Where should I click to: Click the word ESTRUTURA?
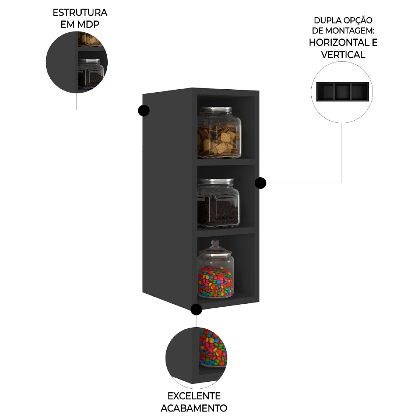coord(80,13)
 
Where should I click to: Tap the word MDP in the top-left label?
coord(89,25)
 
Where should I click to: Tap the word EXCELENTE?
coord(194,396)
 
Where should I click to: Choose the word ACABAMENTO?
coord(194,408)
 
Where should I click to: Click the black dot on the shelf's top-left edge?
coord(144,111)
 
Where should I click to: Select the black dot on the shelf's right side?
coord(261,183)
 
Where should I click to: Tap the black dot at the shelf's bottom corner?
coord(196,310)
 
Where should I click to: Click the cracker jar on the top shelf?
coord(219,134)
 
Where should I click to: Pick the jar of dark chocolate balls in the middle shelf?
coord(218,204)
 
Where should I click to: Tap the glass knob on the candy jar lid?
coord(215,243)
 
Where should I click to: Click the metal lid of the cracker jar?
coord(215,110)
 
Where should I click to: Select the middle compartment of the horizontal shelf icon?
coord(342,91)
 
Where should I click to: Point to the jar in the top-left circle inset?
coord(91,74)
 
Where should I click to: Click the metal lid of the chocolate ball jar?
coord(216,182)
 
